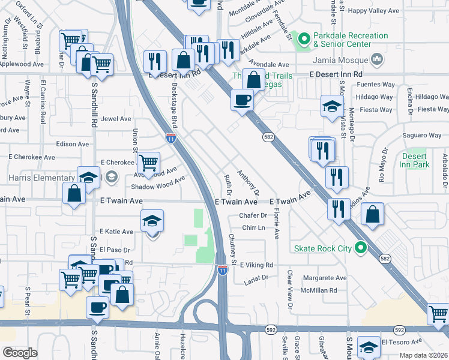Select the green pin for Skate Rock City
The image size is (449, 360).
pyautogui.click(x=360, y=247)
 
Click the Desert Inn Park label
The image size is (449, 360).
pyautogui.click(x=414, y=160)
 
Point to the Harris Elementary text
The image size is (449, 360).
pyautogui.click(x=37, y=178)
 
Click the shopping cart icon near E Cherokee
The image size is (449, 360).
pyautogui.click(x=148, y=161)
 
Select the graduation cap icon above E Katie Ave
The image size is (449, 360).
pyautogui.click(x=152, y=221)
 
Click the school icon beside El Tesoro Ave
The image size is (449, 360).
pyautogui.click(x=369, y=347)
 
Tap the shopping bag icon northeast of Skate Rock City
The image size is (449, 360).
pyautogui.click(x=373, y=215)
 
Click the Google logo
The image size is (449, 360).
pyautogui.click(x=20, y=353)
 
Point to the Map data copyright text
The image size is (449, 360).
pyautogui.click(x=424, y=355)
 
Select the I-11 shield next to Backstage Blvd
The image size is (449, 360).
pyautogui.click(x=171, y=138)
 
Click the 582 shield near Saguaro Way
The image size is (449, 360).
pyautogui.click(x=268, y=137)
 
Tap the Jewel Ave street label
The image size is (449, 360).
pyautogui.click(x=116, y=119)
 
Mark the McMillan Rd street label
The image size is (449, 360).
pyautogui.click(x=320, y=290)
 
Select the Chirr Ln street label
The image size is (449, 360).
pyautogui.click(x=253, y=227)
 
